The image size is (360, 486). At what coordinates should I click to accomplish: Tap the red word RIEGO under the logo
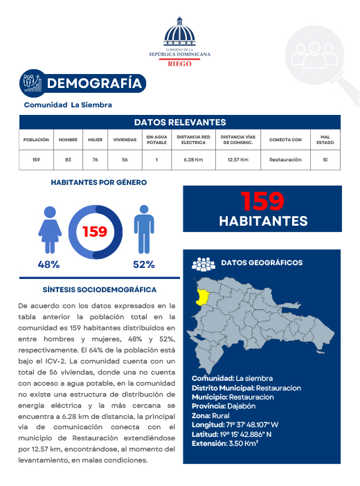179,63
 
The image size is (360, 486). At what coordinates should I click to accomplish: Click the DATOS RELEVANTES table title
179,122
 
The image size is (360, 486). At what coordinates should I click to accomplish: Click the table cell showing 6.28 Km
193,160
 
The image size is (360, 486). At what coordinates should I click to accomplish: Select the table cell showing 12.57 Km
238,160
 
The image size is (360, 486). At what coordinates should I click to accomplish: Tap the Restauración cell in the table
285,160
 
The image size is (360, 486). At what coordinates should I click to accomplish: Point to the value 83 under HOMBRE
68,160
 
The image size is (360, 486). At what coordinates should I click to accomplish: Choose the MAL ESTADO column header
325,139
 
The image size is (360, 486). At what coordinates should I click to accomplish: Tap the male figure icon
143,230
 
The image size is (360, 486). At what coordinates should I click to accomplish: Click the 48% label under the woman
48,264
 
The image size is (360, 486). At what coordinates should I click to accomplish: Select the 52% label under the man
143,264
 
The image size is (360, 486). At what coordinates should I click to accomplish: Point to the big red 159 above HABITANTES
262,201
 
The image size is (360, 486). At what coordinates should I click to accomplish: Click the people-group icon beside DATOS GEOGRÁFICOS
204,264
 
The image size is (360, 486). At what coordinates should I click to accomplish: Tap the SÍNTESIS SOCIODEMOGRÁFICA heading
99,289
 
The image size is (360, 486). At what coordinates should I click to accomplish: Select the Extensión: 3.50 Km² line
225,444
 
